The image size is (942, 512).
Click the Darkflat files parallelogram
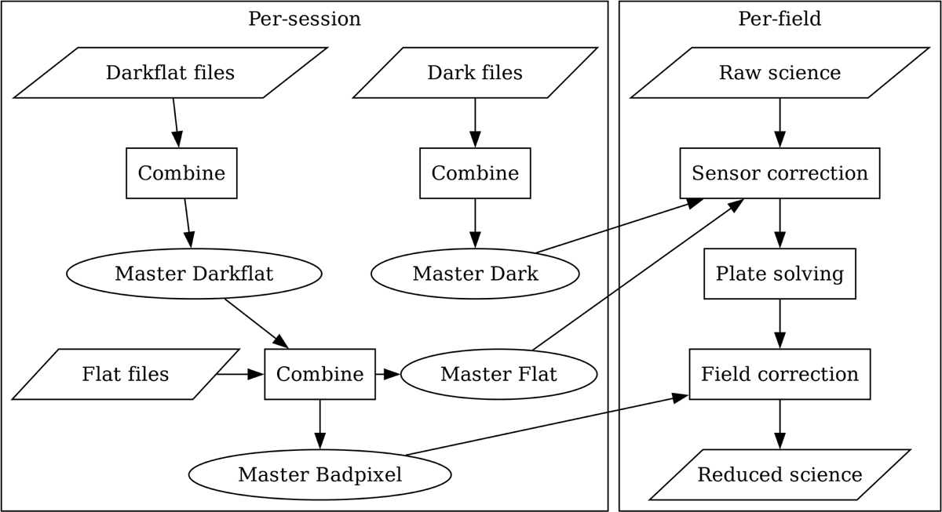pyautogui.click(x=170, y=73)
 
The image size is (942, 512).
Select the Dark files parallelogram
pyautogui.click(x=475, y=73)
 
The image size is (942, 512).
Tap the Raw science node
pyautogui.click(x=780, y=73)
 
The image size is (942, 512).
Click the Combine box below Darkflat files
pyautogui.click(x=181, y=173)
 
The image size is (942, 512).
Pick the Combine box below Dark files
pyautogui.click(x=475, y=173)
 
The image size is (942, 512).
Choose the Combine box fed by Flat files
pyautogui.click(x=319, y=374)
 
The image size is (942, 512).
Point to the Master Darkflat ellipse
pyautogui.click(x=194, y=274)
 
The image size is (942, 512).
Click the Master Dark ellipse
pyautogui.click(x=475, y=274)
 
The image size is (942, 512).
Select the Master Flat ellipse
pyautogui.click(x=498, y=374)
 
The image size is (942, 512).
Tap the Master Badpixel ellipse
pyautogui.click(x=319, y=474)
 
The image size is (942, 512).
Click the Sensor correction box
pyautogui.click(x=780, y=173)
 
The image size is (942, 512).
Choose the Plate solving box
pyautogui.click(x=780, y=274)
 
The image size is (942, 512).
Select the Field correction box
pyautogui.click(x=780, y=374)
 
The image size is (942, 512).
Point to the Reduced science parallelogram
pyautogui.click(x=780, y=474)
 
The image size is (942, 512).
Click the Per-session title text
pyautogui.click(x=305, y=19)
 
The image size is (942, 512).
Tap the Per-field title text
pyautogui.click(x=780, y=19)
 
